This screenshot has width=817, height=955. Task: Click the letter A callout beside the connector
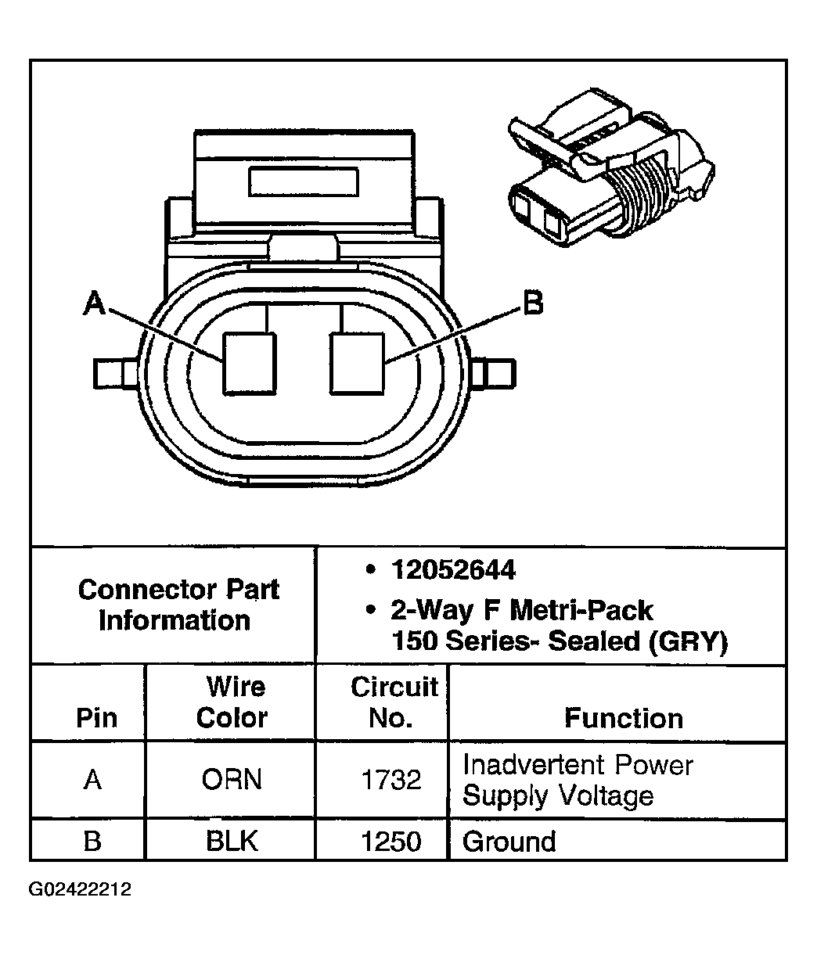click(x=95, y=303)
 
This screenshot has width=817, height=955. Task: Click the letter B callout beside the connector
click(x=533, y=303)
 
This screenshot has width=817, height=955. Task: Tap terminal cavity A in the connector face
click(x=250, y=364)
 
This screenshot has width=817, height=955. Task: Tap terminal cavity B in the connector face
click(x=358, y=364)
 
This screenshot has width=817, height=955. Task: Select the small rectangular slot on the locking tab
click(x=303, y=181)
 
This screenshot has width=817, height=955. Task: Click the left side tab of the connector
click(x=117, y=372)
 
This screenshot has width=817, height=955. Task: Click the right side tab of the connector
click(x=495, y=374)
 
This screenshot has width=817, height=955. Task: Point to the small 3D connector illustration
click(x=610, y=181)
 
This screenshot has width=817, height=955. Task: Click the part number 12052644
click(x=453, y=570)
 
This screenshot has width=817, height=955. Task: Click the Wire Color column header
click(x=232, y=702)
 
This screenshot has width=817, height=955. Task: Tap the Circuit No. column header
click(x=394, y=702)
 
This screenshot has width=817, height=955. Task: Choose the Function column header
click(x=623, y=718)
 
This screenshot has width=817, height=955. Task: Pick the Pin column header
click(x=96, y=718)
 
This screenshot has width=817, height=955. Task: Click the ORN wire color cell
click(x=232, y=780)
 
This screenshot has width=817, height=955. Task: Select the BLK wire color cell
click(x=232, y=841)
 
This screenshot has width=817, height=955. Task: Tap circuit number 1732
click(x=391, y=780)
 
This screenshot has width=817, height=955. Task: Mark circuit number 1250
click(x=391, y=841)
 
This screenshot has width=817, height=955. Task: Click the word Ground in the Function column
click(x=509, y=842)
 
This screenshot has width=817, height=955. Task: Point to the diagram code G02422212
click(x=81, y=890)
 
